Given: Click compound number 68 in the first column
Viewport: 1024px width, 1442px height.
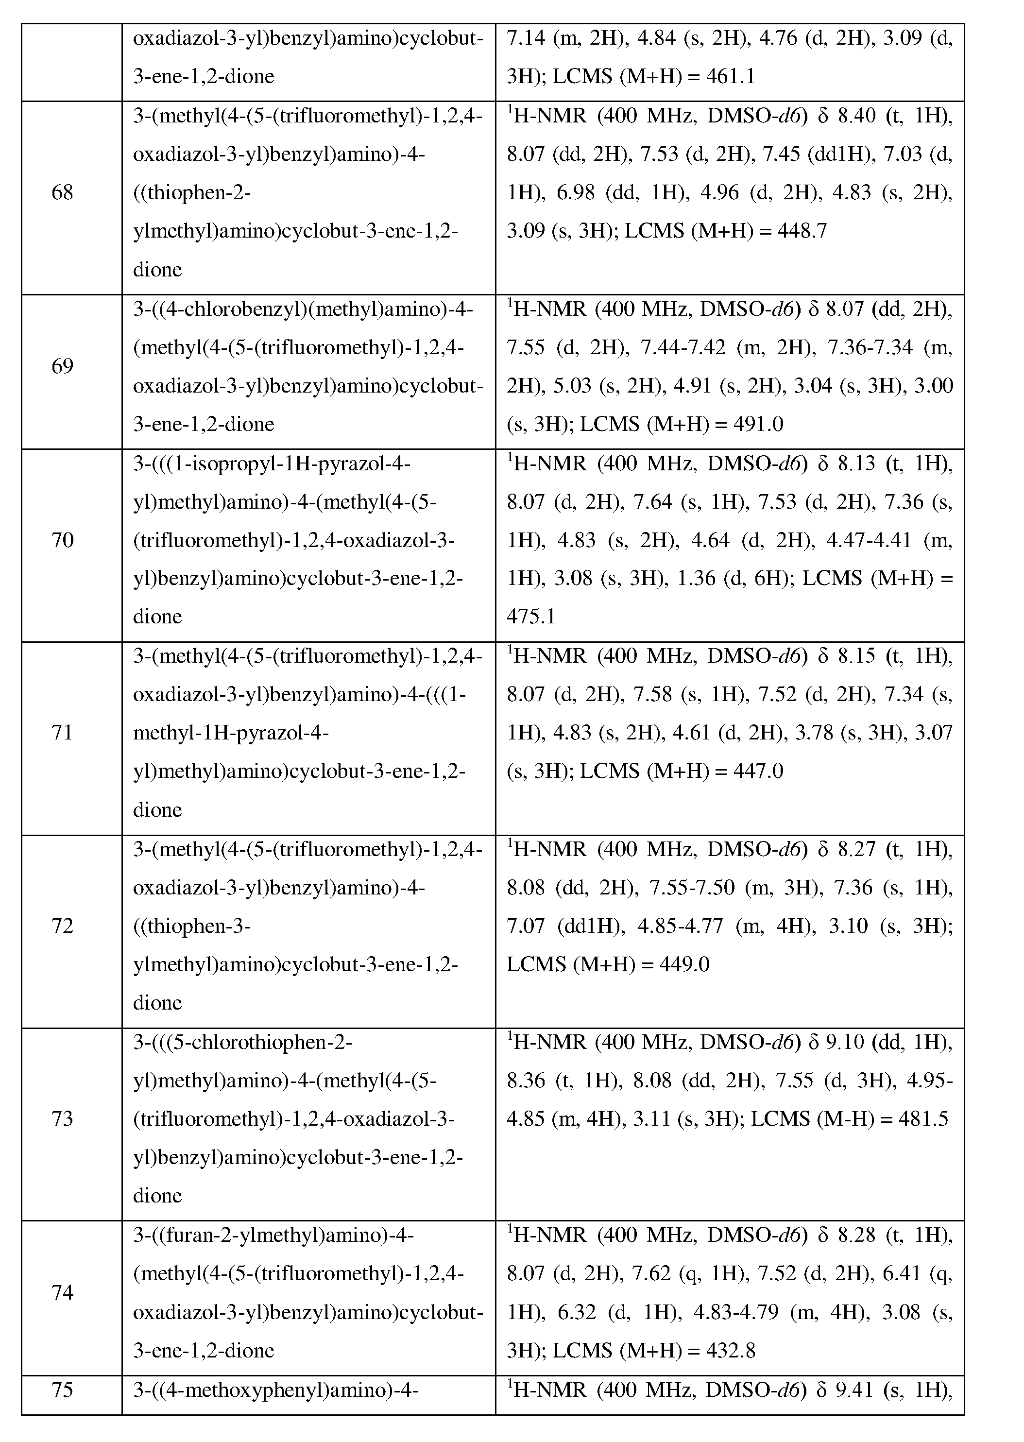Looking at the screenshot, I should coord(63,192).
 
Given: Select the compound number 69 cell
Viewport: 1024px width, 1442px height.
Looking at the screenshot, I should coord(63,366).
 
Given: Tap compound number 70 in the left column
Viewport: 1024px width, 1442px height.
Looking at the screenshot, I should coord(63,540).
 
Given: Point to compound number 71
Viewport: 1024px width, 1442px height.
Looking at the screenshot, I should coord(63,733).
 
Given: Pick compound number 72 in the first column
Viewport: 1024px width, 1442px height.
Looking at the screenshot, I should coord(63,926).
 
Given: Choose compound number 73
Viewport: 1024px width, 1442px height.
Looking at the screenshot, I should coord(63,1118).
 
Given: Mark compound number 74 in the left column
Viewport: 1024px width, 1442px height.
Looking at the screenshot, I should coord(63,1292).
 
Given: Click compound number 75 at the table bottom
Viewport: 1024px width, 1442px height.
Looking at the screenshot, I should coord(63,1390).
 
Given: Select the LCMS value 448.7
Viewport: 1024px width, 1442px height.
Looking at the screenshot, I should coord(802,231).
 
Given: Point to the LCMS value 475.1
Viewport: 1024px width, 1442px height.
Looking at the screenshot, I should coord(531,617).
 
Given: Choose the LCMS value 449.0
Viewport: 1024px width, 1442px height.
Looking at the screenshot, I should coord(685,964).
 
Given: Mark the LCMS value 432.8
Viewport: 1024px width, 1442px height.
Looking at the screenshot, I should coord(731,1351).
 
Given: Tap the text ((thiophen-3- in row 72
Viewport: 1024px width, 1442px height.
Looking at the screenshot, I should coord(192,926).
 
